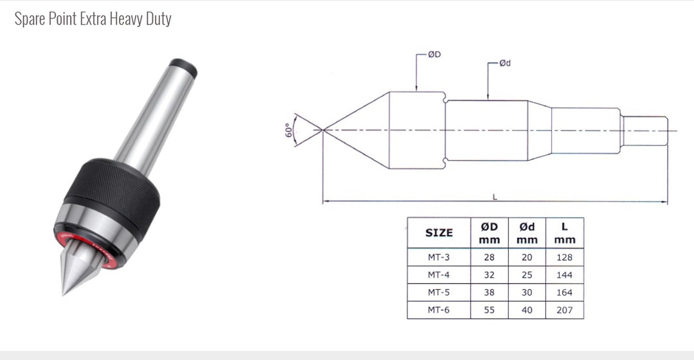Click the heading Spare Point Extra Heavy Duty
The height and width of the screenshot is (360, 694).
[x=93, y=19]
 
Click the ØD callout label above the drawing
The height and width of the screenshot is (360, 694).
[x=434, y=55]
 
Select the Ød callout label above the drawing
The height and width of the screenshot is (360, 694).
[x=505, y=63]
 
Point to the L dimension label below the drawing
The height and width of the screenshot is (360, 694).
[x=495, y=197]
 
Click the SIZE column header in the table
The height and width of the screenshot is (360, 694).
[x=439, y=233]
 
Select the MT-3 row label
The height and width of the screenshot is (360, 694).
[x=439, y=257]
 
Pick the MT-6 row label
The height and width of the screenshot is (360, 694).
[x=439, y=310]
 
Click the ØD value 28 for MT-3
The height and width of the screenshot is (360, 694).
[x=489, y=257]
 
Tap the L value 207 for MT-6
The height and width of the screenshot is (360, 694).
[x=564, y=310]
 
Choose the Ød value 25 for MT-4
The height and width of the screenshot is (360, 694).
[x=527, y=275]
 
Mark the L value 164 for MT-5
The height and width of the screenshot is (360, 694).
[x=564, y=293]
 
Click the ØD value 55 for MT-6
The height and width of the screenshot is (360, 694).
[x=489, y=310]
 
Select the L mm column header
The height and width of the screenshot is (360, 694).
[x=564, y=233]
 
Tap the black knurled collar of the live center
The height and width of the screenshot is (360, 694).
[x=114, y=189]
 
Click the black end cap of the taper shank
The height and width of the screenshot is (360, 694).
[x=186, y=67]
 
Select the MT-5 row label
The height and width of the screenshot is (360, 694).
[x=439, y=293]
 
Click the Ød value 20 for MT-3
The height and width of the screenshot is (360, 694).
[x=527, y=257]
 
